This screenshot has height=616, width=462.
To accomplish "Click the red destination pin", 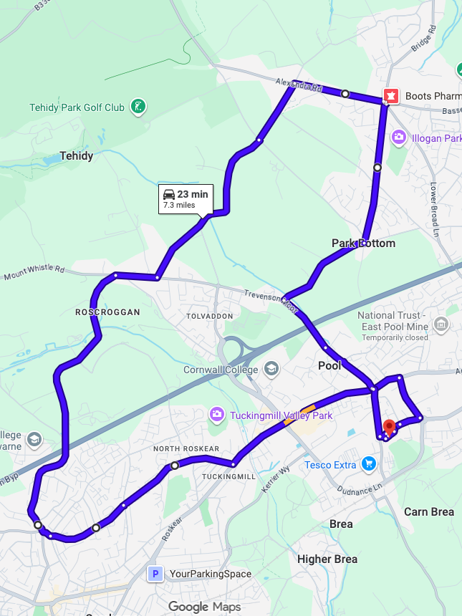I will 389,428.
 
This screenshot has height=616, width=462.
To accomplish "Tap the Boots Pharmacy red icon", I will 391,95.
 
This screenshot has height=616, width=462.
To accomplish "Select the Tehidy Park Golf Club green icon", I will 139,107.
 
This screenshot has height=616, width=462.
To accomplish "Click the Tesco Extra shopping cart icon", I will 369,465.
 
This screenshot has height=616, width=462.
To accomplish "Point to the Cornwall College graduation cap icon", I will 271,369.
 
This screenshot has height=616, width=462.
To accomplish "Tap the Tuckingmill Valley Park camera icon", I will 216,415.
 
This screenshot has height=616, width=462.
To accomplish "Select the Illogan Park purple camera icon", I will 399,138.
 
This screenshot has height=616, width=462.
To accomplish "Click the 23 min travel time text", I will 193,194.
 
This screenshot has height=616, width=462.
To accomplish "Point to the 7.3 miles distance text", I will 179,205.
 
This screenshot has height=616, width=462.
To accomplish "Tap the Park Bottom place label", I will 363,244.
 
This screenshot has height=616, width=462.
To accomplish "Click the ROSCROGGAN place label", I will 108,312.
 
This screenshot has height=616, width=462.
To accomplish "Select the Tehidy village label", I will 77,155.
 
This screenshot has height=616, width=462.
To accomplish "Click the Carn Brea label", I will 429,511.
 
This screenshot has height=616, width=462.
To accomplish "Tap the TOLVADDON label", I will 210,316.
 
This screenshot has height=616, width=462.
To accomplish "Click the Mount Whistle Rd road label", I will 34,272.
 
